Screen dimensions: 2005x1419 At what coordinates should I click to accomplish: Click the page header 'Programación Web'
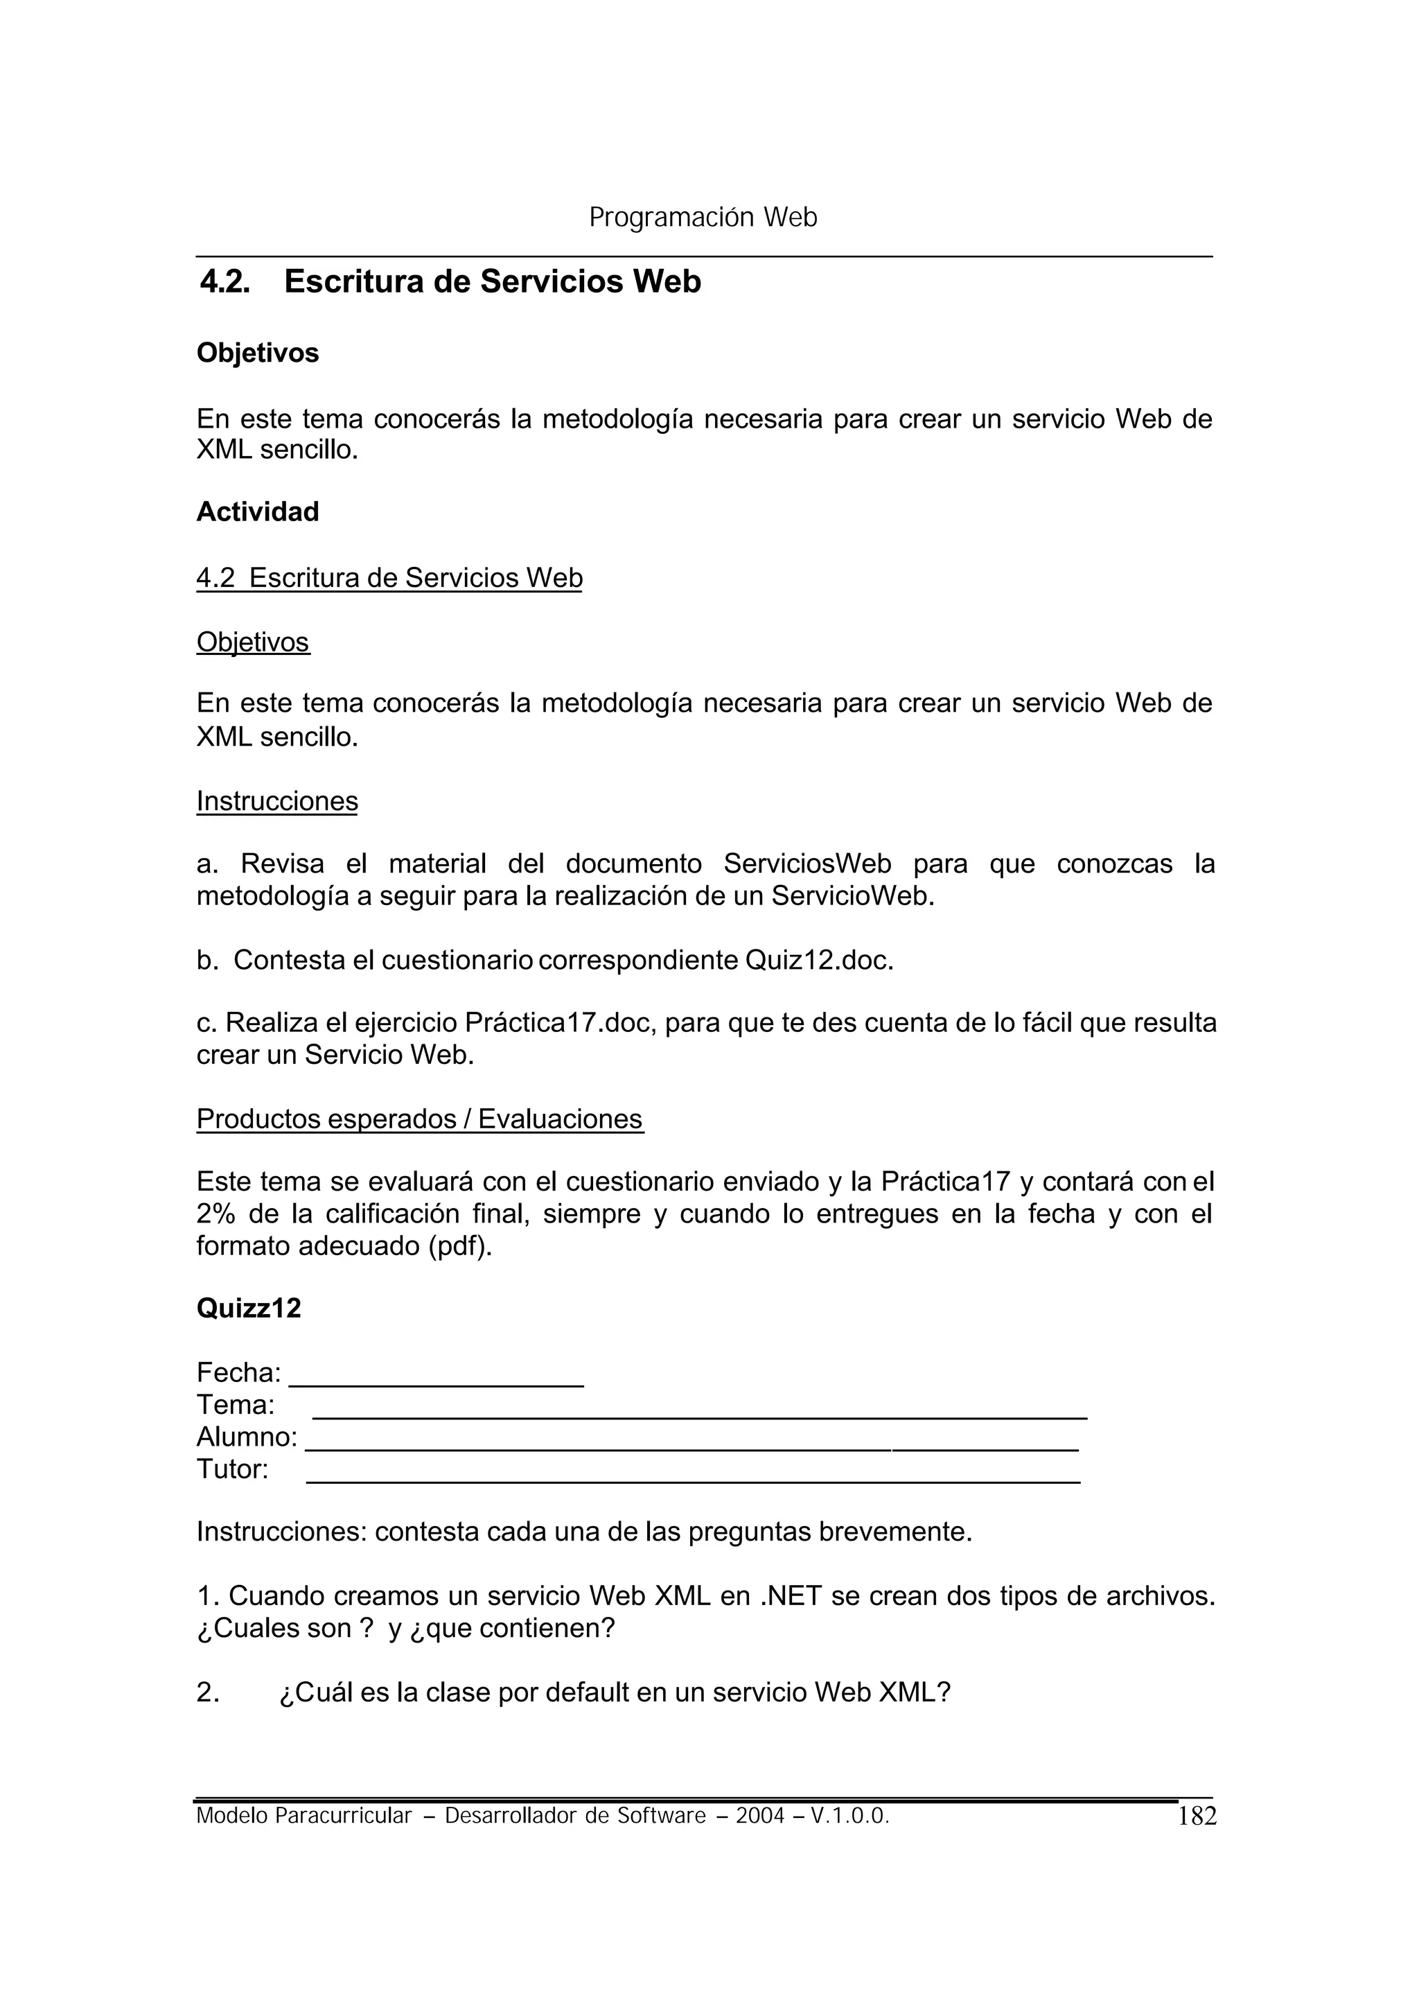tap(703, 217)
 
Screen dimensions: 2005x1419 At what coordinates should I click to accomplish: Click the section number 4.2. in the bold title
tap(224, 281)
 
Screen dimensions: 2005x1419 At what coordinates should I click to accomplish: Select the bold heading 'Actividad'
tap(258, 511)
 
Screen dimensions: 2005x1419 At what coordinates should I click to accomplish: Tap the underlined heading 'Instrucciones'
tap(277, 800)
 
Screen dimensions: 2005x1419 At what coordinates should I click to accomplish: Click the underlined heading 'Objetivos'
tap(252, 642)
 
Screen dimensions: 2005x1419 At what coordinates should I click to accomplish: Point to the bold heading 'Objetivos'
tap(258, 353)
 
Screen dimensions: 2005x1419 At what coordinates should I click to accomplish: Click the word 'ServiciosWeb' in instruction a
tap(807, 864)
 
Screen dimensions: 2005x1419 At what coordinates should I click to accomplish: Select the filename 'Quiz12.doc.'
tap(819, 960)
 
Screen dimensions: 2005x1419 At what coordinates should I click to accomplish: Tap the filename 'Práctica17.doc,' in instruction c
tap(559, 1023)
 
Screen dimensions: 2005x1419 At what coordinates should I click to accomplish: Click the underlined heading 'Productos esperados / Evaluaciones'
tap(419, 1119)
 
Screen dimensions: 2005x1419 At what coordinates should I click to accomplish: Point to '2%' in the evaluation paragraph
tap(215, 1214)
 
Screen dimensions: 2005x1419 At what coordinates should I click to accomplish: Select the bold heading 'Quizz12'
tap(249, 1308)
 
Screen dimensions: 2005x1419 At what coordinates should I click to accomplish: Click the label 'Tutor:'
tap(232, 1469)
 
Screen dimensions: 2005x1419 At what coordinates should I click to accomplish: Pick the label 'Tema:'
tap(235, 1406)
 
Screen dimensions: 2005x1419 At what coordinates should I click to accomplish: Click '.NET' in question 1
tap(790, 1596)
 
